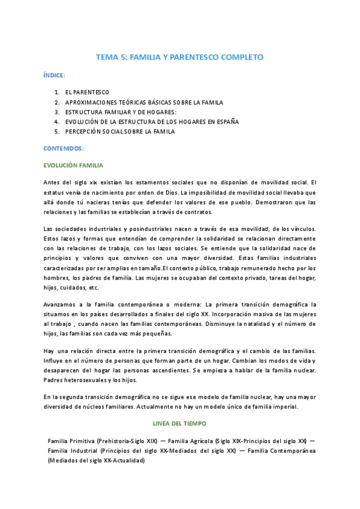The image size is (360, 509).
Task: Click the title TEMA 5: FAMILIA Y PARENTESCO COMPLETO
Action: tap(180, 58)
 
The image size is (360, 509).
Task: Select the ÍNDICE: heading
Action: tap(55, 76)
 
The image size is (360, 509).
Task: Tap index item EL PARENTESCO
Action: tap(87, 92)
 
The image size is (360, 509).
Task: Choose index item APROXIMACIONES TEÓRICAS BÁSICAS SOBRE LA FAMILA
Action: tap(136, 102)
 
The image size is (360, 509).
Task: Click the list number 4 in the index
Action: tap(56, 121)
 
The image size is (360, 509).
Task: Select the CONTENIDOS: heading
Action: tap(64, 148)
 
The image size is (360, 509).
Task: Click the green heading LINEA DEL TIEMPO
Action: tap(179, 422)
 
